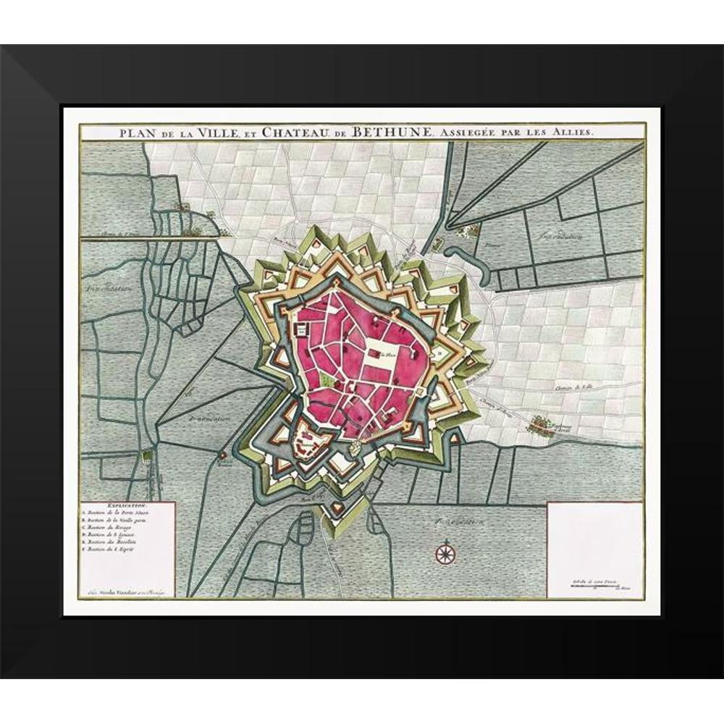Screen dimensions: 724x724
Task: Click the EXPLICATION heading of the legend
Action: tap(127, 504)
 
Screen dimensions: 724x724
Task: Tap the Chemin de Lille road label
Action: tap(569, 390)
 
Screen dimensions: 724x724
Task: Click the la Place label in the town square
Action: tap(390, 354)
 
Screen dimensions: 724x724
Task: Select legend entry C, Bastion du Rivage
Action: tap(116, 528)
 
